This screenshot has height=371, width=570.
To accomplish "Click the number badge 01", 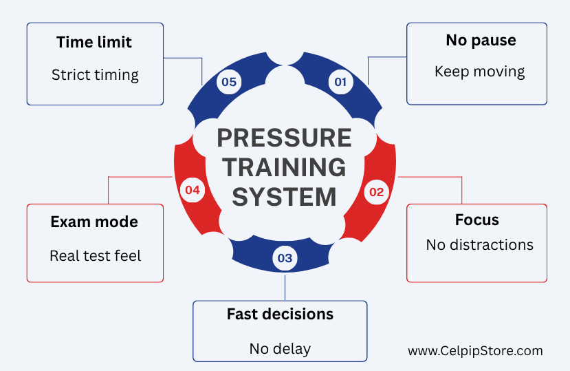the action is tap(340, 82).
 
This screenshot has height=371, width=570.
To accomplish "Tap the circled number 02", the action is tap(377, 192).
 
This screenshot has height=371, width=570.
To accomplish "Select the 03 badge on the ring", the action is tap(285, 258).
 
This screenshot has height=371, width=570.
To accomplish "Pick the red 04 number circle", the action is tap(193, 190).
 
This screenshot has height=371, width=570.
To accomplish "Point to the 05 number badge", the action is tap(229, 82).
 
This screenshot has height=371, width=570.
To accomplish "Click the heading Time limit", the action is tap(94, 42).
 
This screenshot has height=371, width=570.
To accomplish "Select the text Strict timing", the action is tap(95, 75).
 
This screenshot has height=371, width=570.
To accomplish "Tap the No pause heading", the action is tap(481, 41).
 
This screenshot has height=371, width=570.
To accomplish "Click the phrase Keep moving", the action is tap(480, 72).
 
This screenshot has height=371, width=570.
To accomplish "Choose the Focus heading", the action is tap(477, 220).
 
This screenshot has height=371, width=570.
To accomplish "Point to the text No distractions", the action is tap(480, 245).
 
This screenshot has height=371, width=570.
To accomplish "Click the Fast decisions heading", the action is tap(280, 314).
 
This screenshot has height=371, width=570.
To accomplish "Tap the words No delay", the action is tap(280, 349).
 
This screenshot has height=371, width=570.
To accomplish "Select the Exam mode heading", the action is tap(94, 222).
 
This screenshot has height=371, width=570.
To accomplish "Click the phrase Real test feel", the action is tap(96, 256).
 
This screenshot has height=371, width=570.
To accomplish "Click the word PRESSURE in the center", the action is tap(284, 138).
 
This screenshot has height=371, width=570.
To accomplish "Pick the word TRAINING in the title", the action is tap(284, 167).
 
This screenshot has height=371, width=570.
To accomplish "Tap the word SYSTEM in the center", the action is tap(284, 197).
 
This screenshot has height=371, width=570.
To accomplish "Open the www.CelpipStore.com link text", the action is tap(476, 351).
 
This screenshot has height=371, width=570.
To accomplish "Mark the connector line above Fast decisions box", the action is tap(285, 288).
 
